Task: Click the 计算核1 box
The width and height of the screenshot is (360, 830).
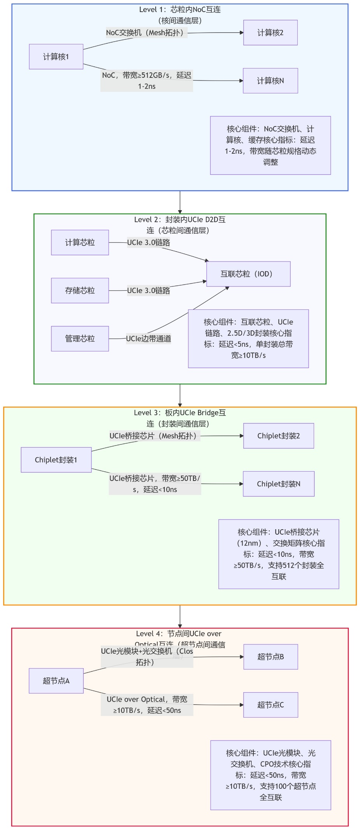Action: [x=56, y=57]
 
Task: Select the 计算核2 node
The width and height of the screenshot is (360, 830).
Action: [x=270, y=33]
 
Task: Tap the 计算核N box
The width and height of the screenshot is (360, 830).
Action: [x=270, y=81]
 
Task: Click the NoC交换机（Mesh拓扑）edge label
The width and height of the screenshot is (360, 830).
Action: [x=144, y=33]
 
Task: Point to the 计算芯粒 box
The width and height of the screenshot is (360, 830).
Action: [x=80, y=242]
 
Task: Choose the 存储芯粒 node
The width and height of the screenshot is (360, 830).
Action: [x=80, y=290]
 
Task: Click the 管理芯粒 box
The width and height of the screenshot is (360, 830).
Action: [x=80, y=339]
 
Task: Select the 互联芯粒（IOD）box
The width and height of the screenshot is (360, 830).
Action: [x=248, y=274]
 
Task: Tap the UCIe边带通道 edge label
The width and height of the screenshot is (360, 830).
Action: [x=148, y=339]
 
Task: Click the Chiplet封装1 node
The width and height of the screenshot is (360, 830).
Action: [x=56, y=460]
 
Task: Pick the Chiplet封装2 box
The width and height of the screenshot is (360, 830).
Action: [x=278, y=436]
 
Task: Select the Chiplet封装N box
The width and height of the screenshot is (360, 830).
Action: [x=278, y=484]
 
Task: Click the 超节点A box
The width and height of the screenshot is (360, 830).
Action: [x=56, y=681]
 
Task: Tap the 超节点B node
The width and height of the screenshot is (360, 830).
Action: [x=270, y=657]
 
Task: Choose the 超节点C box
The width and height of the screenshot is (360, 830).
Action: [x=270, y=705]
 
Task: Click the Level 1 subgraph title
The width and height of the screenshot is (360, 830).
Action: [x=180, y=15]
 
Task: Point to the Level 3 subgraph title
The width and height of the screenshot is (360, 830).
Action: [x=180, y=418]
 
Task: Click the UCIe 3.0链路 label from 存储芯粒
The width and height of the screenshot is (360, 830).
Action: [x=148, y=291]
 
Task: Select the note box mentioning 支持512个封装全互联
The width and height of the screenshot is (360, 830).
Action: [x=279, y=554]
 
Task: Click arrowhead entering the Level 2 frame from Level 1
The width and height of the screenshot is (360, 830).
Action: [x=180, y=211]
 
